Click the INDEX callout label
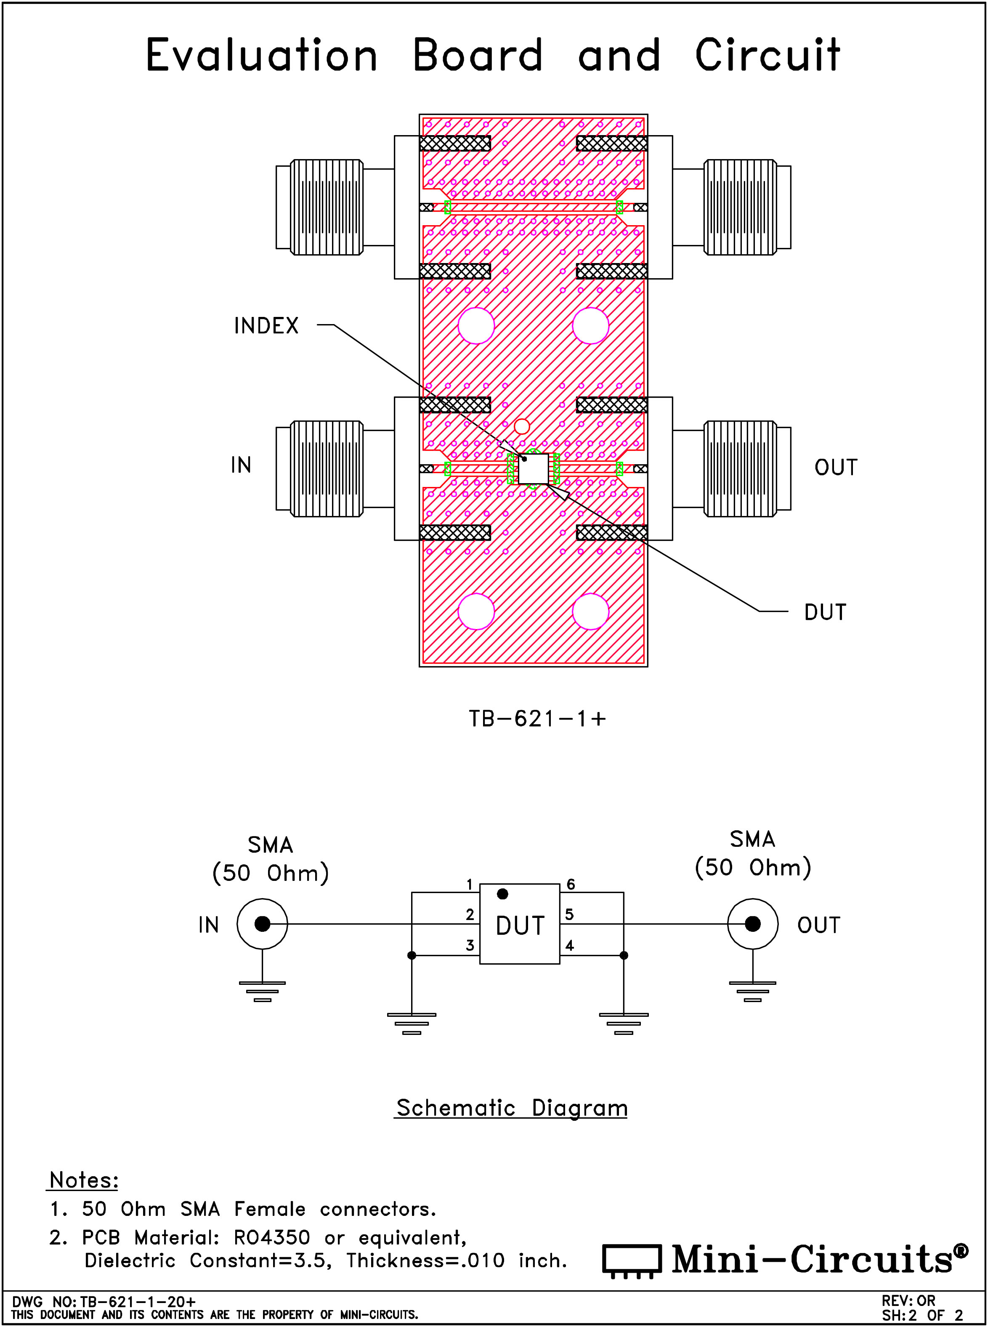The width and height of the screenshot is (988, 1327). tap(266, 326)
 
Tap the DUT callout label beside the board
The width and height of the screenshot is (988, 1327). tap(825, 612)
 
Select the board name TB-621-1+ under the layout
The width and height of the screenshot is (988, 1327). tap(537, 718)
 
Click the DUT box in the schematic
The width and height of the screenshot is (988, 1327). tap(520, 924)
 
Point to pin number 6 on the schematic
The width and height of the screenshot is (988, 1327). tap(571, 884)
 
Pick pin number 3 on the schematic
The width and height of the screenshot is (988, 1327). tap(470, 945)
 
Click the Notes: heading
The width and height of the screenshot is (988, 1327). tap(84, 1180)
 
